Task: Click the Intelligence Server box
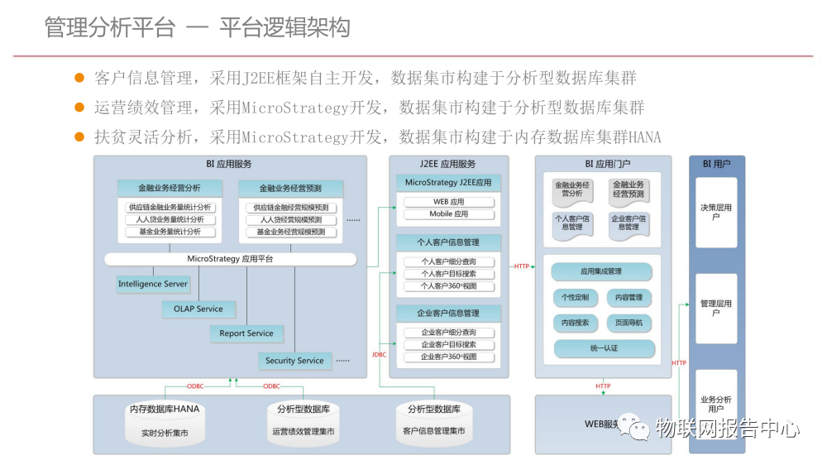pyautogui.click(x=153, y=284)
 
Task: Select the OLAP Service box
pyautogui.click(x=198, y=309)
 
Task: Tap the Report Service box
pyautogui.click(x=246, y=333)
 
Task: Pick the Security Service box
pyautogui.click(x=294, y=361)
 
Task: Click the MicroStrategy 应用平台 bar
pyautogui.click(x=230, y=259)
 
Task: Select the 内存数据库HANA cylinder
pyautogui.click(x=165, y=420)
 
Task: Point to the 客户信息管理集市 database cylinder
pyautogui.click(x=433, y=420)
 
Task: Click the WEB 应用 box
pyautogui.click(x=449, y=202)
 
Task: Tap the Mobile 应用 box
pyautogui.click(x=449, y=214)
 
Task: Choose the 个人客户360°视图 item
pyautogui.click(x=449, y=286)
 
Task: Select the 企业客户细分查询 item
pyautogui.click(x=449, y=332)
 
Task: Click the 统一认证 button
pyautogui.click(x=604, y=348)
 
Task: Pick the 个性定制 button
pyautogui.click(x=575, y=297)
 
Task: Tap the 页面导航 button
pyautogui.click(x=629, y=323)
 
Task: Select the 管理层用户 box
pyautogui.click(x=715, y=308)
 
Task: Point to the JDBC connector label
pyautogui.click(x=380, y=355)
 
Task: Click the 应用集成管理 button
pyautogui.click(x=601, y=271)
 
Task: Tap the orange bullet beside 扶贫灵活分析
pyautogui.click(x=80, y=137)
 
